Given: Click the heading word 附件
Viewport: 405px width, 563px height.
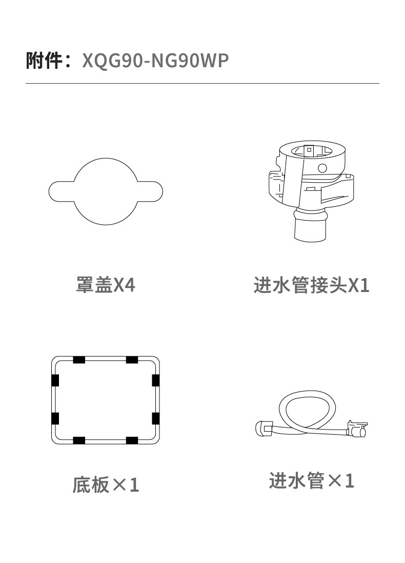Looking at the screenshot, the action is (x=44, y=60).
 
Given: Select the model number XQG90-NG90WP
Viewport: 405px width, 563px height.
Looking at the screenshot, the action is (x=155, y=61).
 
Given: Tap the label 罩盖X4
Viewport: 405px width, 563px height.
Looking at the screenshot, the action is (x=106, y=285).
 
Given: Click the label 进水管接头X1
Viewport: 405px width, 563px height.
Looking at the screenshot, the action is (x=311, y=285).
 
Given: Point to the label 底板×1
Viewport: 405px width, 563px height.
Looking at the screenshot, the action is (x=106, y=484).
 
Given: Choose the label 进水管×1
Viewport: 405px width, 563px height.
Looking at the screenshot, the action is (x=311, y=480).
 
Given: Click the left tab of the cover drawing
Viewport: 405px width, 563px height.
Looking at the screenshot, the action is (x=61, y=191).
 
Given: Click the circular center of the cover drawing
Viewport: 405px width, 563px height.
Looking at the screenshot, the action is (x=106, y=191).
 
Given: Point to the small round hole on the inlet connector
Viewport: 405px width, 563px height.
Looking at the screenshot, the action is (x=322, y=168).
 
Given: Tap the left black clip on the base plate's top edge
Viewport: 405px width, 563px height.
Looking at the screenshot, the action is (x=79, y=360).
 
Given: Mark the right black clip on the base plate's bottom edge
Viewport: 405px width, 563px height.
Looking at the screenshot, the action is (x=132, y=440).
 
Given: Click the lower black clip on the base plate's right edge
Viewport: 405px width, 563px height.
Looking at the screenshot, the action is (x=156, y=419).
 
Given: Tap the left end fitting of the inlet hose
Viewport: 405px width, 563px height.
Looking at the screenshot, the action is (x=264, y=428).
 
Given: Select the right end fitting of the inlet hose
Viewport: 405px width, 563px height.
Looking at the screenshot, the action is (x=357, y=429).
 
